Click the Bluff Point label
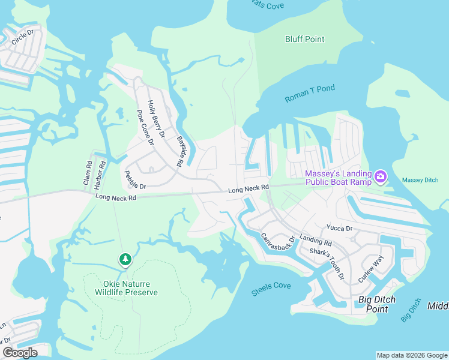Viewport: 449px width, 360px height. tap(304, 40)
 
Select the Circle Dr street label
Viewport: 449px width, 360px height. tap(26, 36)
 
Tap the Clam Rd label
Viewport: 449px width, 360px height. tap(88, 172)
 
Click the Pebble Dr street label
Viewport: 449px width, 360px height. tap(136, 179)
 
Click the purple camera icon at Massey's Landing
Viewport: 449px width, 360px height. tap(380, 177)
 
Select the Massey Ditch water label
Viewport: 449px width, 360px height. tap(420, 180)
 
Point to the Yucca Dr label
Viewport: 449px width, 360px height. tap(339, 228)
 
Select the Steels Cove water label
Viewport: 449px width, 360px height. tap(271, 287)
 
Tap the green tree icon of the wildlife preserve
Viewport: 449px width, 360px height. tap(125, 259)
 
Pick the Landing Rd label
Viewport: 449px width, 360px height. tap(316, 241)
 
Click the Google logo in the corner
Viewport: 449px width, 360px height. tap(20, 353)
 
